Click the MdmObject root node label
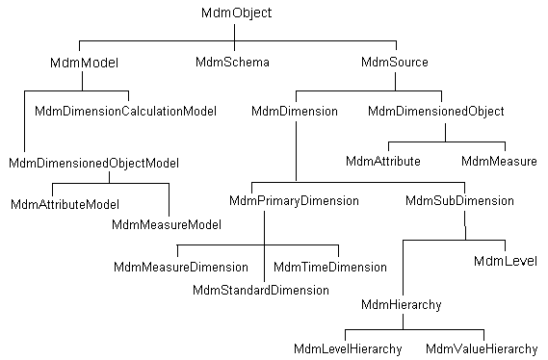pos(237,13)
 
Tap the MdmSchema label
pos(231,63)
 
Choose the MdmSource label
pos(394,63)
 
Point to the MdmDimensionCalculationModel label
pos(125,112)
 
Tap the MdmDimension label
pos(294,112)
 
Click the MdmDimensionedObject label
pos(436,112)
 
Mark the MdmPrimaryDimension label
pos(294,201)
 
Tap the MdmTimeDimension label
pos(330,267)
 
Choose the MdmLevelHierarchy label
pos(348,347)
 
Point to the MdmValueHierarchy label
pos(481,347)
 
